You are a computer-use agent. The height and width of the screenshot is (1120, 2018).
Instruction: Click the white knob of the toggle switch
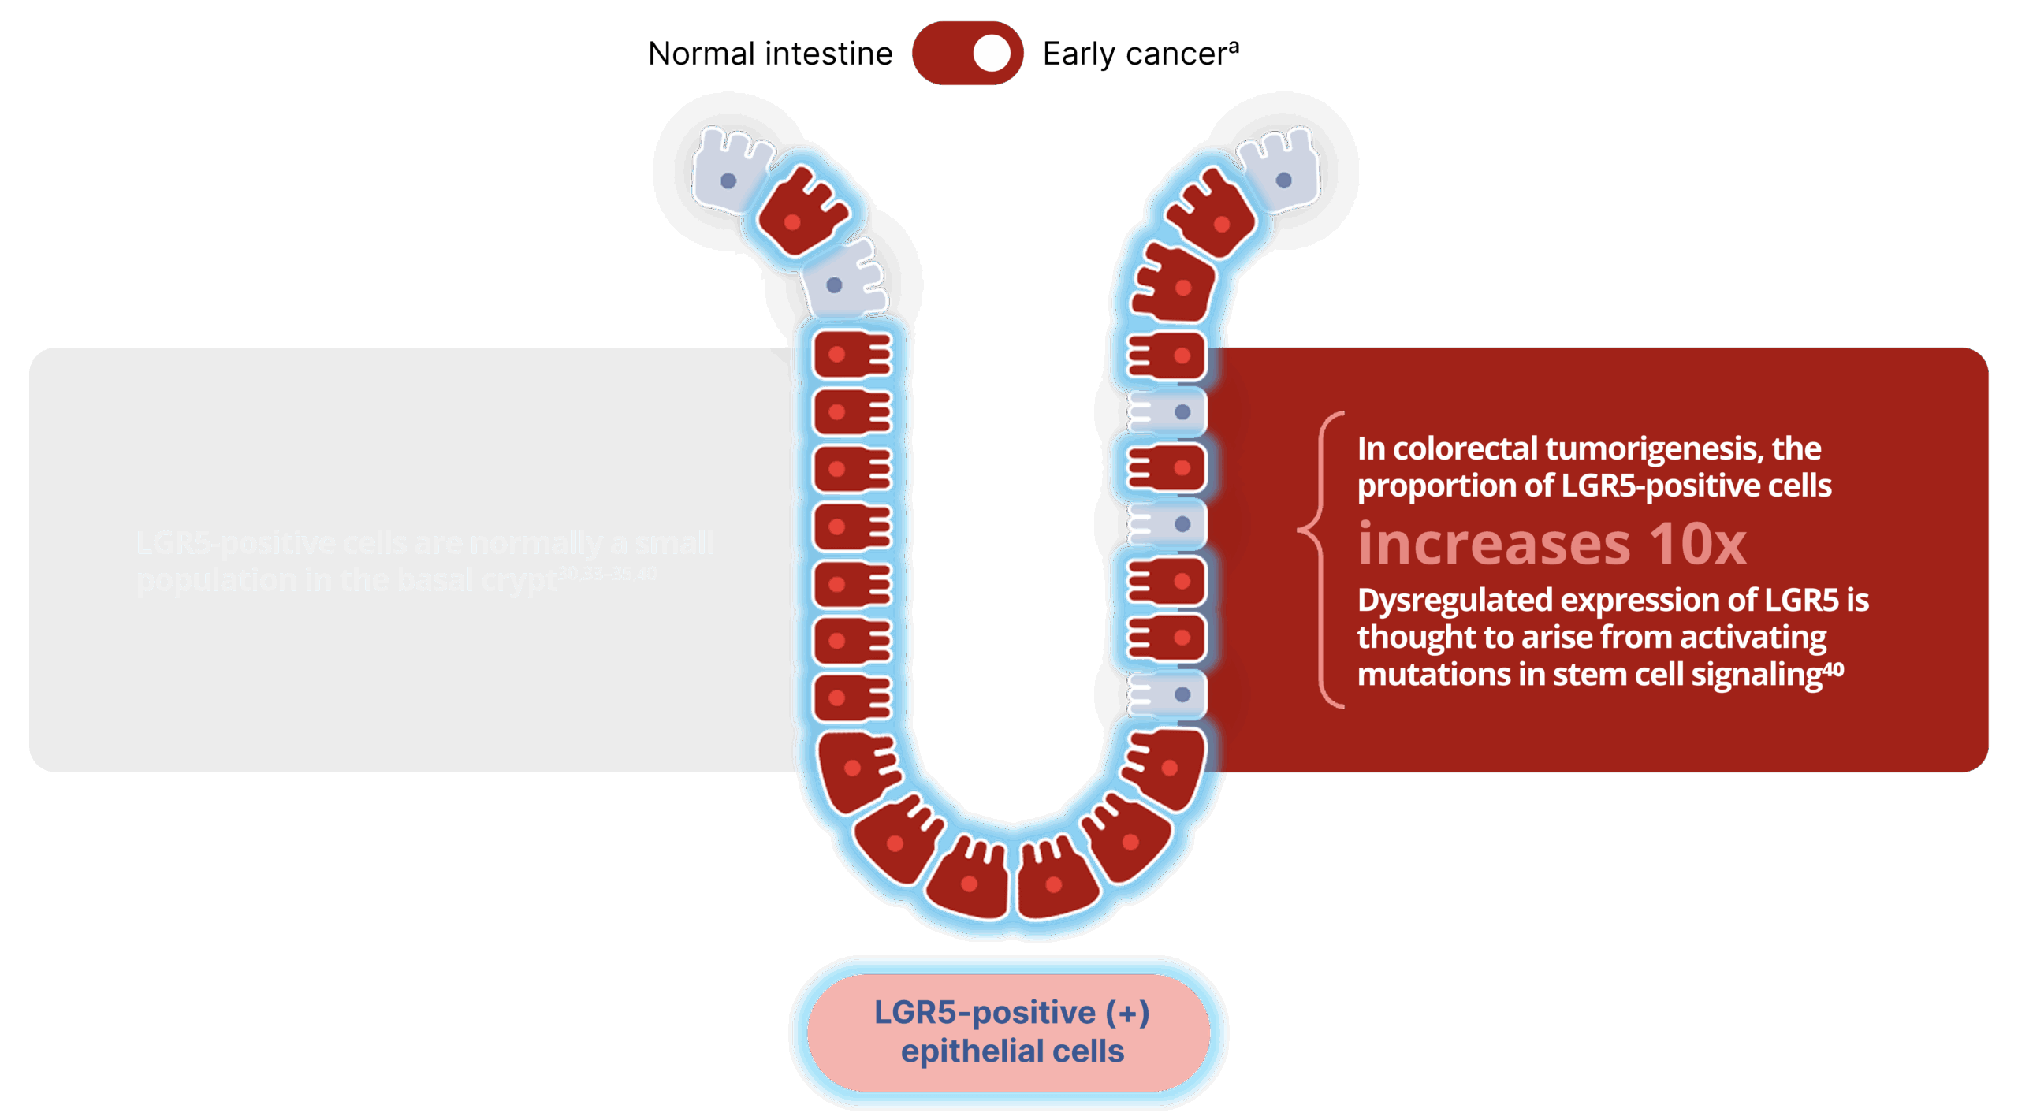[x=991, y=54]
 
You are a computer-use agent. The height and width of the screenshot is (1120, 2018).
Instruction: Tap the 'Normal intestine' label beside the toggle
[x=772, y=54]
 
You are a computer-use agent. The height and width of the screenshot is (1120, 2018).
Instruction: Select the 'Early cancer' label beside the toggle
[x=1140, y=54]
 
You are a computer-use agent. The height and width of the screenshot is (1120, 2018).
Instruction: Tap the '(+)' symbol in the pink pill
[x=1127, y=1013]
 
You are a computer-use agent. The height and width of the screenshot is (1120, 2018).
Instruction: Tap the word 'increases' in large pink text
[x=1493, y=544]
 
